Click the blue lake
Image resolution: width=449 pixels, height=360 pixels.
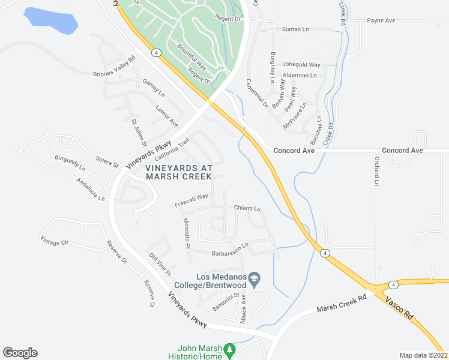[52, 21]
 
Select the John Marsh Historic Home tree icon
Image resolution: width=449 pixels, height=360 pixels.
[228, 349]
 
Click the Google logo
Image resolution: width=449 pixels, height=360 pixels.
[20, 353]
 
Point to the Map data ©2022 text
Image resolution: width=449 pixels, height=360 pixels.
[423, 355]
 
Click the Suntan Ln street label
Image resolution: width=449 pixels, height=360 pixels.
[295, 29]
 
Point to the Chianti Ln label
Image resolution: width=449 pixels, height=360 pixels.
[247, 209]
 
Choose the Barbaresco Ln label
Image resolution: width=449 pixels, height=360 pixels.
[229, 249]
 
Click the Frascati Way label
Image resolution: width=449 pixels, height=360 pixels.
[191, 200]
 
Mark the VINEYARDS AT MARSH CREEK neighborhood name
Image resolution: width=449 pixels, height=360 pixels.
[179, 172]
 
